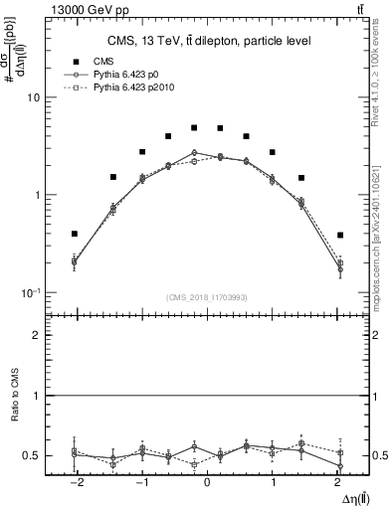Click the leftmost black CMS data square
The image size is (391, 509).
pos(75,234)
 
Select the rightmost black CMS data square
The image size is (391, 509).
pos(340,236)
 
